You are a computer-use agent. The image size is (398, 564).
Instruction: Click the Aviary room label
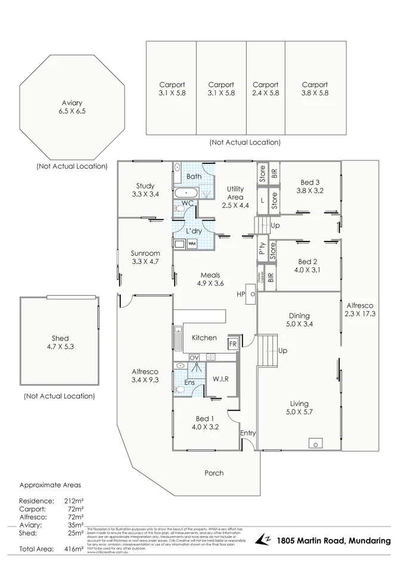click(x=72, y=103)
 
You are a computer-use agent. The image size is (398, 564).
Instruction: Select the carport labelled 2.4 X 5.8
click(x=265, y=89)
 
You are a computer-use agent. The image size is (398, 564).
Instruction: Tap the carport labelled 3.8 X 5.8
click(x=315, y=89)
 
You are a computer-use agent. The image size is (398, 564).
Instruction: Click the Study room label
click(x=145, y=186)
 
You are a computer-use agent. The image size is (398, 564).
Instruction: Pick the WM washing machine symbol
click(x=192, y=243)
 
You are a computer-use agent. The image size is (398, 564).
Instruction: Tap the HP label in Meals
click(x=241, y=294)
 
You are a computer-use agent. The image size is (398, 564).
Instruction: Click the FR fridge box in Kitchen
click(x=232, y=345)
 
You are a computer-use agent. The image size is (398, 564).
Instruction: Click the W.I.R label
click(x=220, y=379)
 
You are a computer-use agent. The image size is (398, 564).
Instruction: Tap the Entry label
click(x=247, y=433)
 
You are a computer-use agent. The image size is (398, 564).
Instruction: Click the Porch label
click(x=214, y=473)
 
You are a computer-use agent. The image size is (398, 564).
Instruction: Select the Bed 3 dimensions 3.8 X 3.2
click(x=310, y=191)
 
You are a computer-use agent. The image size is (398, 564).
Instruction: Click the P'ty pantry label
click(x=262, y=248)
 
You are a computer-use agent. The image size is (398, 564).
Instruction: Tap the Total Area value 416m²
click(x=74, y=548)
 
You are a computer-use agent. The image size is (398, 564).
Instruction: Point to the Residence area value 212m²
click(x=74, y=501)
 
